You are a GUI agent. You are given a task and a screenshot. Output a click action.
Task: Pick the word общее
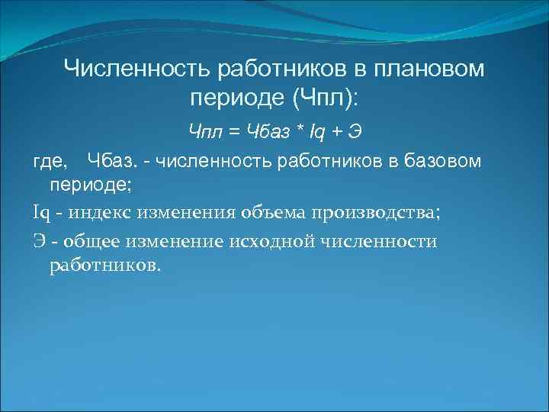pos(88,241)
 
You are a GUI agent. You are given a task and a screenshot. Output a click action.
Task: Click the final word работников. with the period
pos(105,266)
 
